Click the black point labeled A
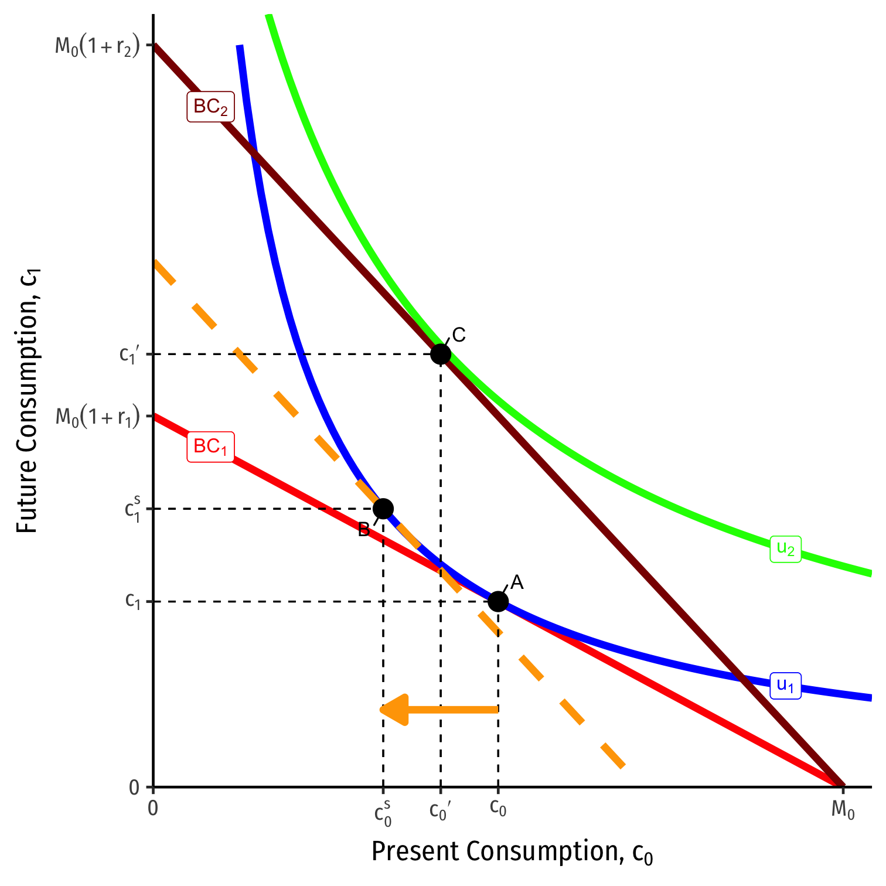pos(498,601)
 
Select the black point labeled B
pos(383,509)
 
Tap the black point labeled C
pos(441,354)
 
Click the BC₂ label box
pos(210,107)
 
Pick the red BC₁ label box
pos(210,447)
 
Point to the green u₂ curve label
pos(785,549)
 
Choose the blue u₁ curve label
pos(785,685)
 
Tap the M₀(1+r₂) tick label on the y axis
pos(97,46)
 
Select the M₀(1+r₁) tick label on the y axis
pos(97,417)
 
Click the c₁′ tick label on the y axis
pos(129,355)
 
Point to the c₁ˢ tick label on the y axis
pos(132,508)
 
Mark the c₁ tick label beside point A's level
pos(132,601)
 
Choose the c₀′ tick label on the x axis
pos(440,810)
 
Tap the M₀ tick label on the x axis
pos(843,810)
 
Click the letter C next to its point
pos(459,335)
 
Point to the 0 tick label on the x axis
pos(153,809)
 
